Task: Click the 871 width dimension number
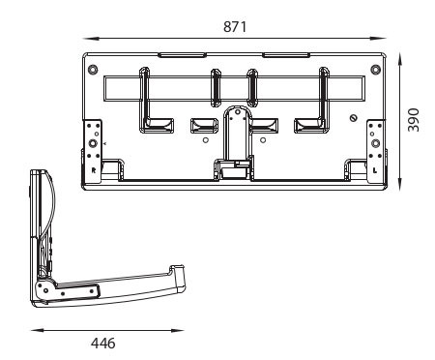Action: tap(235, 26)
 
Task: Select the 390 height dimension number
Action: tap(414, 120)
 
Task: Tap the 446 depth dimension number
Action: tap(103, 344)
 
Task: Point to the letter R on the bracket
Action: tap(94, 170)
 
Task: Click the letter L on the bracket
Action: tap(375, 170)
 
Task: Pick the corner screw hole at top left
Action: tap(93, 70)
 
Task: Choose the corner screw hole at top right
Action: tap(375, 70)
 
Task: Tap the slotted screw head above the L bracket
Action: tap(354, 118)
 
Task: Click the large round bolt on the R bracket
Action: tap(93, 143)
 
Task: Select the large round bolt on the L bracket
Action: tap(375, 143)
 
